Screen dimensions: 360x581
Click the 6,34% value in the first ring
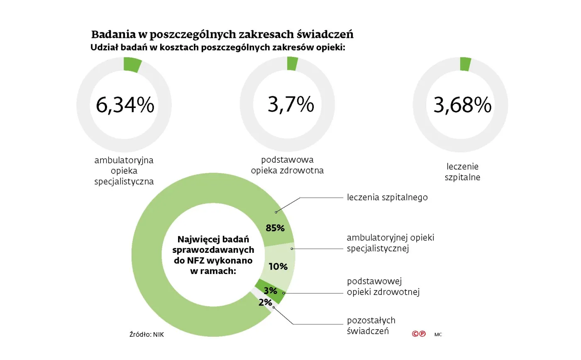(125, 105)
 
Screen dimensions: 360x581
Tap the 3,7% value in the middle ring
(290, 104)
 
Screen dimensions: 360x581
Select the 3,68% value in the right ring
(462, 105)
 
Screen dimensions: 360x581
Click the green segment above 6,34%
(132, 65)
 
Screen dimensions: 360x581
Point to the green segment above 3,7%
(292, 64)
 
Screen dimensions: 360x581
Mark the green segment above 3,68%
(465, 64)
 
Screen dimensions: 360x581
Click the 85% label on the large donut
(275, 228)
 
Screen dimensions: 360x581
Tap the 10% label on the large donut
(278, 267)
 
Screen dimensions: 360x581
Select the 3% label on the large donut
(270, 291)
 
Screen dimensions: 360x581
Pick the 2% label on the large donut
(265, 302)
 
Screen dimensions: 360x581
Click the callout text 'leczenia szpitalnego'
(387, 197)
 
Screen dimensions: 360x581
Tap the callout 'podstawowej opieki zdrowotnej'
(383, 287)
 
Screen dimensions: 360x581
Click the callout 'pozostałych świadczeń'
(371, 326)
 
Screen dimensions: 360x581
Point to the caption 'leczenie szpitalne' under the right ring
(462, 172)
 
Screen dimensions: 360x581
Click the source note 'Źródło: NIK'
(146, 335)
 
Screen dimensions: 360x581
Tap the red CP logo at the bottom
(419, 333)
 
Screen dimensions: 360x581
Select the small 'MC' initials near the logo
(438, 334)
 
